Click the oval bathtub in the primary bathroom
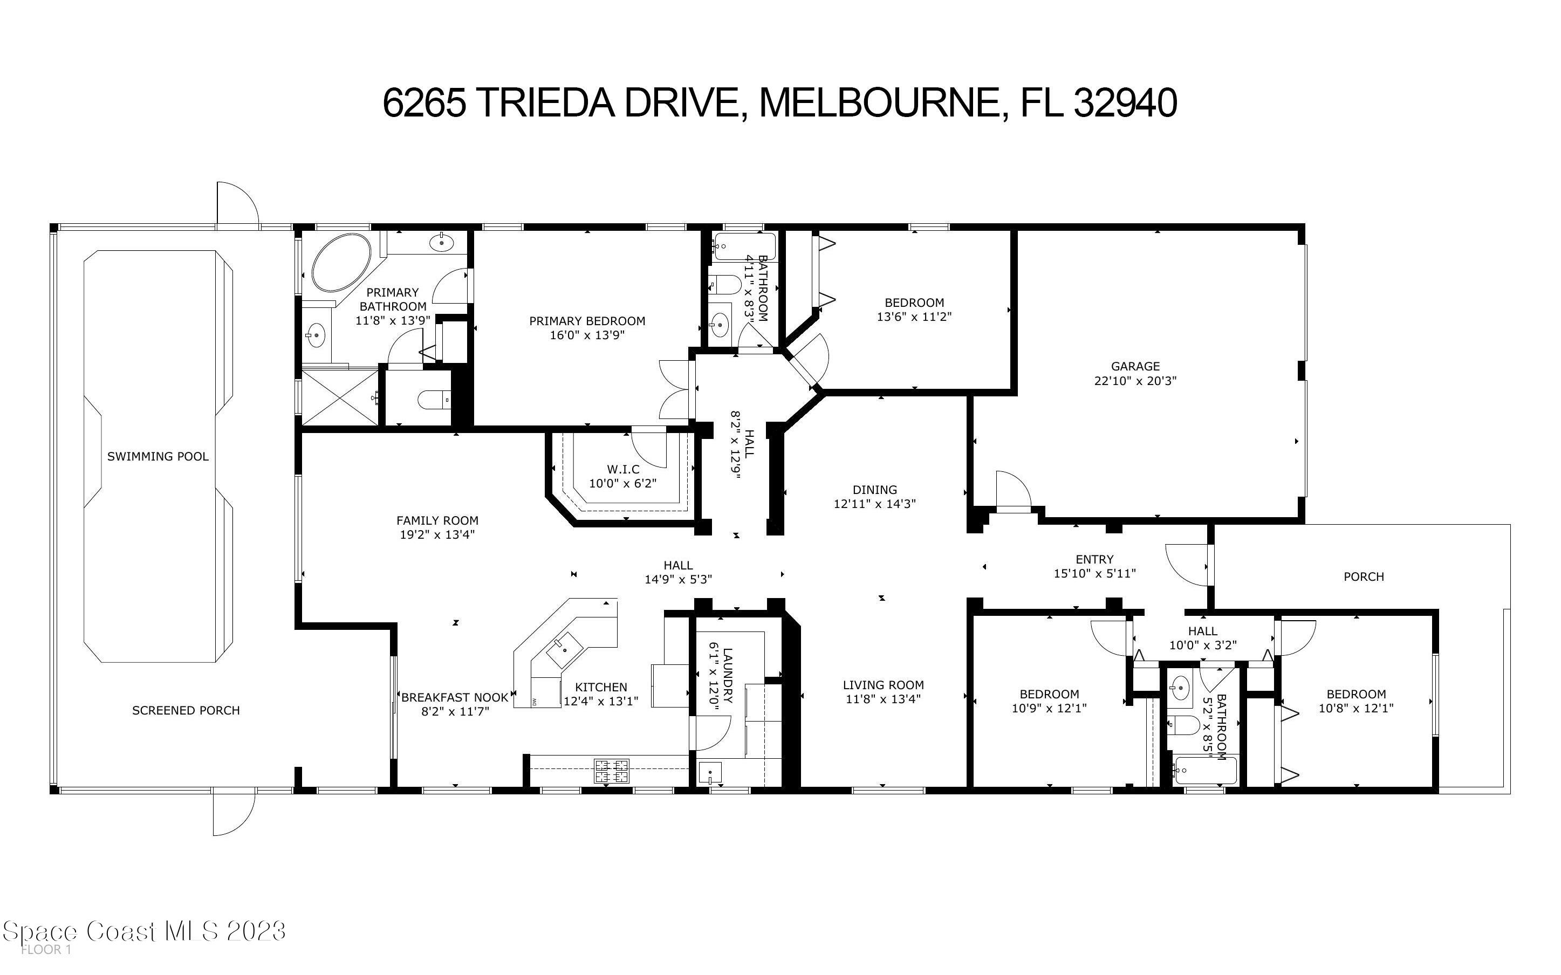[340, 263]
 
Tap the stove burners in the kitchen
[612, 771]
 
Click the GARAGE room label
[1135, 366]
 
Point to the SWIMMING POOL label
[158, 457]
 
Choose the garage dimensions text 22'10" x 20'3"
[1135, 381]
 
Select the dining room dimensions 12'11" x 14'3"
[874, 504]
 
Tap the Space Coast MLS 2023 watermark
[145, 931]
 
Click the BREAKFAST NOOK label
[455, 698]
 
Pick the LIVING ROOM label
[884, 685]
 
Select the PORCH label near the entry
[1364, 576]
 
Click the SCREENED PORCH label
[186, 711]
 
